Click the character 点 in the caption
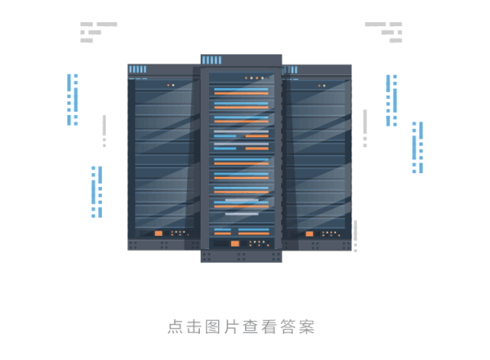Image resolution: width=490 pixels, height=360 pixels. (x=175, y=327)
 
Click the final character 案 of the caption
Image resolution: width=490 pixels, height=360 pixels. (x=307, y=327)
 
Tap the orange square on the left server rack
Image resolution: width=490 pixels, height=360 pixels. (x=158, y=233)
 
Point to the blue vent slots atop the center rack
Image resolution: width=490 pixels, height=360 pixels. (x=211, y=60)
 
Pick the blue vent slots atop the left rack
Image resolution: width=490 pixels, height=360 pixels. (x=138, y=70)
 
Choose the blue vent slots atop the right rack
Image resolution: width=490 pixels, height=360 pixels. (x=290, y=70)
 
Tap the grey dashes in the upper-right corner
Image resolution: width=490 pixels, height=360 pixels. (x=384, y=31)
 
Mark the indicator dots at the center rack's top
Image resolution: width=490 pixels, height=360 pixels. (x=256, y=78)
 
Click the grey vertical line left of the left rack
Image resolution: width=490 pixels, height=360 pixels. (x=104, y=131)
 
